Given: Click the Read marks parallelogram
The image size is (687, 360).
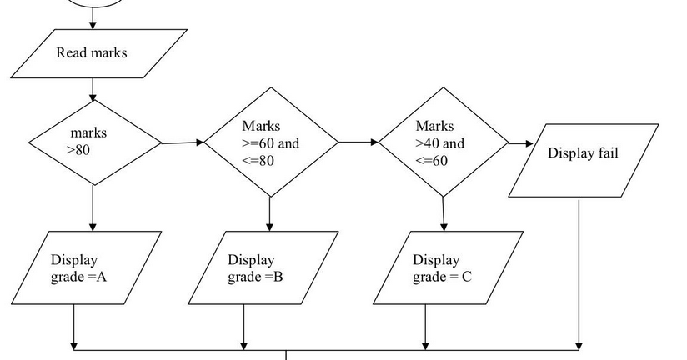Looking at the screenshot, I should click(93, 53).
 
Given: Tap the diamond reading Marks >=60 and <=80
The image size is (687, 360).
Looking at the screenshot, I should click(270, 142).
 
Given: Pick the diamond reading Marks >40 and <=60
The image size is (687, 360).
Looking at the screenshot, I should click(443, 142).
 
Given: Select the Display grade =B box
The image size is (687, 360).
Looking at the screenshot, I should click(263, 267).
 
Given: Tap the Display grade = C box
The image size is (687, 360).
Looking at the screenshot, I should click(448, 267).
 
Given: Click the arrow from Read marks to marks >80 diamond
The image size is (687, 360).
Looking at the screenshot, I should click(93, 89).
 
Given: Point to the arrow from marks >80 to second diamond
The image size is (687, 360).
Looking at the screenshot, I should click(183, 142).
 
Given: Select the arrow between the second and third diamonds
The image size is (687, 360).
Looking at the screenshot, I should click(359, 142).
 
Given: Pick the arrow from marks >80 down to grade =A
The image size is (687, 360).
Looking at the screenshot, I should click(93, 208).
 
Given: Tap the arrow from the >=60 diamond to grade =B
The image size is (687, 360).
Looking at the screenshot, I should click(269, 214).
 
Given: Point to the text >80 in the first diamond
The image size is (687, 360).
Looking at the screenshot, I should click(78, 151).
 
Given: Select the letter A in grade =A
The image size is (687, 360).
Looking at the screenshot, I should click(101, 276).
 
